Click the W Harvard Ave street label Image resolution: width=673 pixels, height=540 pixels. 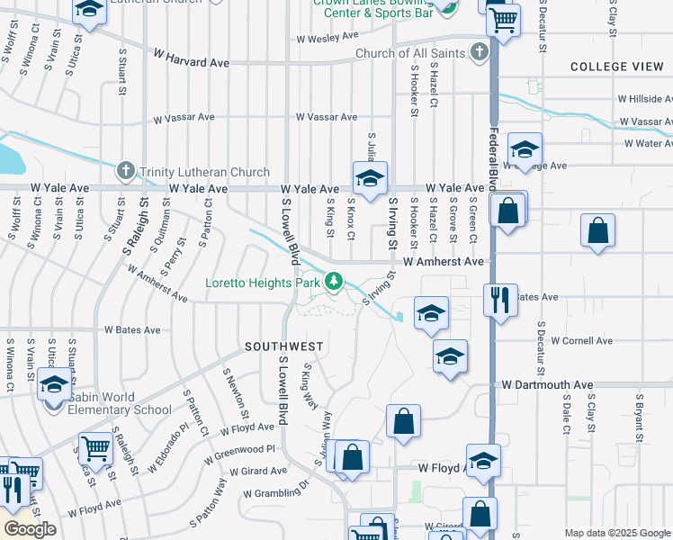(191, 63)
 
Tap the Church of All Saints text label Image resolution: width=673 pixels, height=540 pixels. (410, 53)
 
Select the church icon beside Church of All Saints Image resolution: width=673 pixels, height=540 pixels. (480, 52)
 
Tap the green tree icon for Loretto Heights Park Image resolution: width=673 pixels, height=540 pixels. (335, 283)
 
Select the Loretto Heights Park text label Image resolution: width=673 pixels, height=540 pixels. (264, 283)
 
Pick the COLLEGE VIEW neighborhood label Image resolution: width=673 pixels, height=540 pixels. (616, 67)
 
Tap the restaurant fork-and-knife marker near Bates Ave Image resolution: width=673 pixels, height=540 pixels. (498, 298)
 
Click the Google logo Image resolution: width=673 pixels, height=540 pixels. (30, 529)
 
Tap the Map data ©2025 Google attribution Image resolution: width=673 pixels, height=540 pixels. (617, 533)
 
